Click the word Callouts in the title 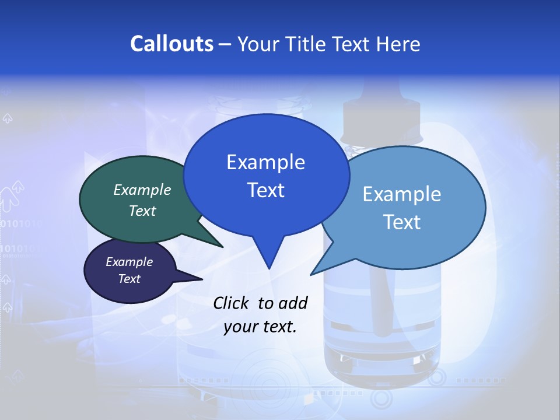171,44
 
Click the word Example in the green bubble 142,190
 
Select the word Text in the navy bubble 129,279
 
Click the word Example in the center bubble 265,162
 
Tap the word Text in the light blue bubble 402,222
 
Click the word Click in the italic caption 230,303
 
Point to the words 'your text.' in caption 260,327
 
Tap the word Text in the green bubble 142,211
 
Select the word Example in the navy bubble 129,262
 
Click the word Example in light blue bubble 402,194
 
